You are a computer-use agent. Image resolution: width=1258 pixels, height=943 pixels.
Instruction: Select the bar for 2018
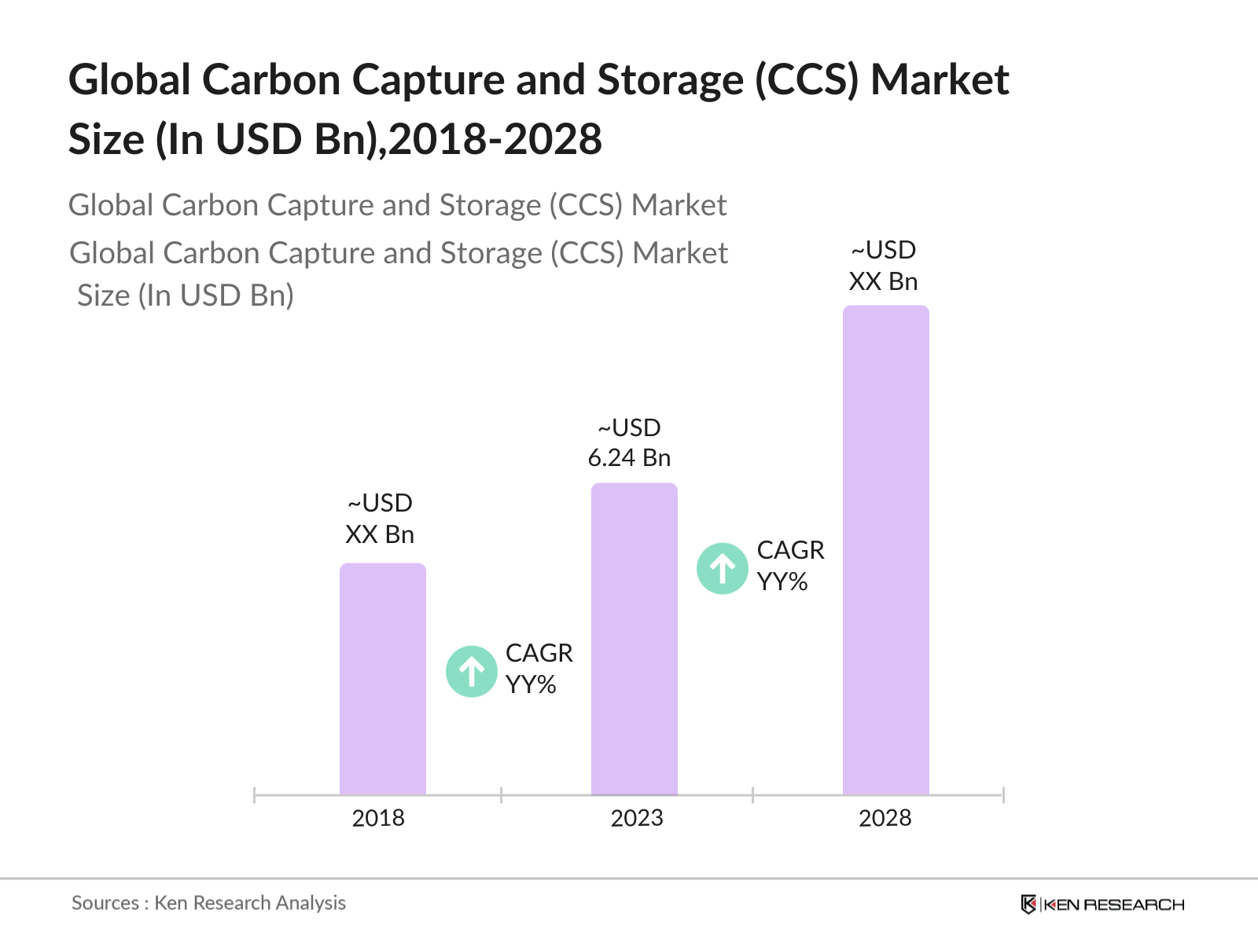[x=383, y=679]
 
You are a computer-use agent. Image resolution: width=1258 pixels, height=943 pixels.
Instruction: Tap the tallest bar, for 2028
[x=886, y=550]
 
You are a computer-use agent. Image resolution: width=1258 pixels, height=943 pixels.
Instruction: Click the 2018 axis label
[x=378, y=818]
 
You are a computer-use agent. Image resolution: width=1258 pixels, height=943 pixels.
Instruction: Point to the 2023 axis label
[x=637, y=818]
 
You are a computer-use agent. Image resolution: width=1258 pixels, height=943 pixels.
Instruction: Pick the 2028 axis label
[x=885, y=818]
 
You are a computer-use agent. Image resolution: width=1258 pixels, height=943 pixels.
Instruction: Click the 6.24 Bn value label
[x=630, y=457]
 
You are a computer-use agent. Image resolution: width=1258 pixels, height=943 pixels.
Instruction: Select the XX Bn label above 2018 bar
[x=380, y=534]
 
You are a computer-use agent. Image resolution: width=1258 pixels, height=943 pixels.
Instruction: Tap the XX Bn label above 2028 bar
[x=884, y=281]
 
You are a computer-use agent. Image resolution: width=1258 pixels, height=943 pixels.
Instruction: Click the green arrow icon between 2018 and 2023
[x=472, y=671]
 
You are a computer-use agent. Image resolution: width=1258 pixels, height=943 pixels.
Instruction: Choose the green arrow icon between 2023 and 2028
[x=723, y=568]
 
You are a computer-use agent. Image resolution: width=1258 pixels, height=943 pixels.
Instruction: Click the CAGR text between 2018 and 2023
[x=539, y=653]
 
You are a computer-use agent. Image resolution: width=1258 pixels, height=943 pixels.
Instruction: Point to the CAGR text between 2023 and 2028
[x=790, y=550]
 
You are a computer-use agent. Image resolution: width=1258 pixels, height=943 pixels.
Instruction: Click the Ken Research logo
[x=1102, y=904]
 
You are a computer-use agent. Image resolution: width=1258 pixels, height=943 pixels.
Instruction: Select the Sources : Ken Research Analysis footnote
[x=208, y=903]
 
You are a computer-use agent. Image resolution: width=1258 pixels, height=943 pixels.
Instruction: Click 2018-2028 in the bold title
[x=495, y=140]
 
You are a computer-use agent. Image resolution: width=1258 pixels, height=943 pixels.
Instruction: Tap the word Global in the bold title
[x=130, y=80]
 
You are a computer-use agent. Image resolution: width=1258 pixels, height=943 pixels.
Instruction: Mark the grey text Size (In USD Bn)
[x=186, y=295]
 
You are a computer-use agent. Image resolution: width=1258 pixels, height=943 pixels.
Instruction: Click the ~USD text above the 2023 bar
[x=630, y=427]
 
